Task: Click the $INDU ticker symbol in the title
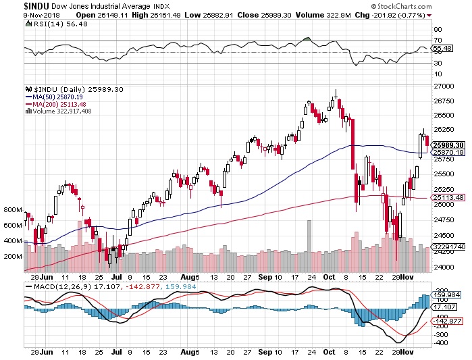click(x=14, y=5)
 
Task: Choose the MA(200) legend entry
click(x=57, y=103)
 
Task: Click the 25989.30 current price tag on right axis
click(x=447, y=145)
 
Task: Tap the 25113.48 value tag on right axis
click(x=447, y=197)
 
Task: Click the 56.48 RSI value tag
click(x=442, y=49)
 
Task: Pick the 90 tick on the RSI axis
click(x=437, y=29)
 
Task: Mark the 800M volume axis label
click(x=13, y=210)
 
